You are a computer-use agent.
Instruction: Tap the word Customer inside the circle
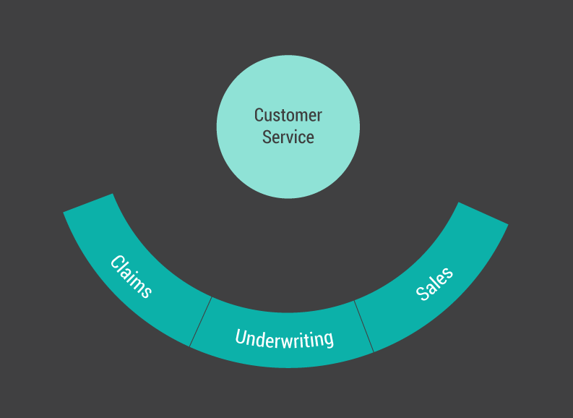pos(288,115)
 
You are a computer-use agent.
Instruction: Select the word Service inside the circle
pos(288,137)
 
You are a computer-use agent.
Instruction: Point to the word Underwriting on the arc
pos(284,338)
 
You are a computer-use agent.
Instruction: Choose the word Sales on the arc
pos(434,283)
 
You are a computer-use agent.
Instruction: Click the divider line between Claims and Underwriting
pos(201,321)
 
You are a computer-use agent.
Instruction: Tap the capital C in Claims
pos(116,262)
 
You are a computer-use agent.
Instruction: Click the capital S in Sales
pos(423,294)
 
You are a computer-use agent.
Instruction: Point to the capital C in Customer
pos(259,115)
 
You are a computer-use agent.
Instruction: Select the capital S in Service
pos(267,137)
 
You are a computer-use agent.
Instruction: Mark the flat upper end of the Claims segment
pos(89,202)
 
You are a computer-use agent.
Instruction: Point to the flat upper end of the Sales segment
pos(483,213)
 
